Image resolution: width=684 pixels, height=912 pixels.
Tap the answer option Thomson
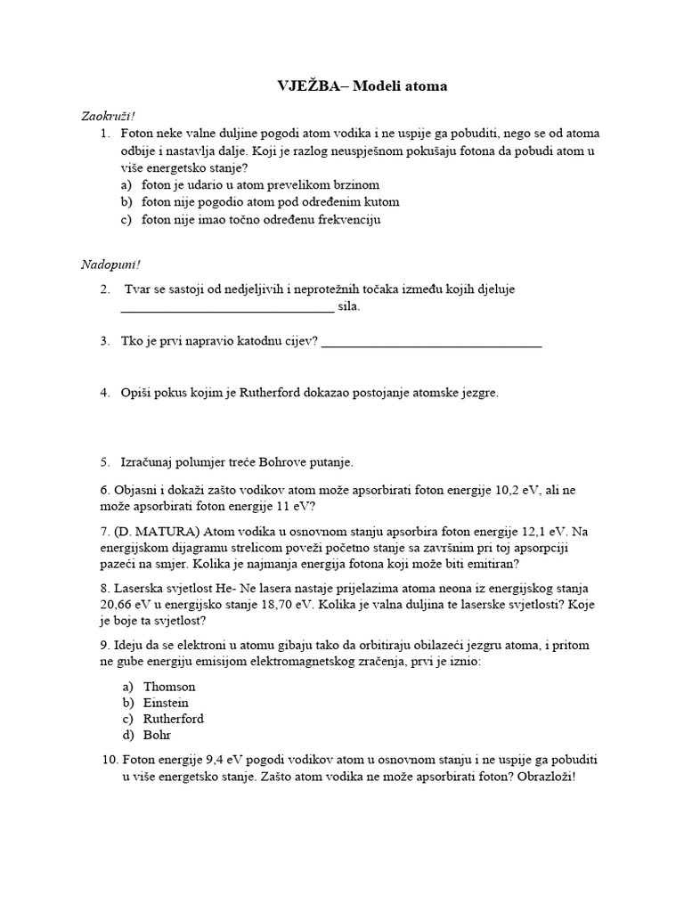pyautogui.click(x=169, y=687)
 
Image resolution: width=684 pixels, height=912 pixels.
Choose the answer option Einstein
pyautogui.click(x=166, y=703)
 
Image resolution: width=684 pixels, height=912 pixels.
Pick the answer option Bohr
pyautogui.click(x=157, y=735)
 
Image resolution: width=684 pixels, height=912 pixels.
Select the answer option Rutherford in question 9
pyautogui.click(x=173, y=719)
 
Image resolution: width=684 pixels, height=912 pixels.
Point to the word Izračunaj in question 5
pyautogui.click(x=147, y=462)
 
